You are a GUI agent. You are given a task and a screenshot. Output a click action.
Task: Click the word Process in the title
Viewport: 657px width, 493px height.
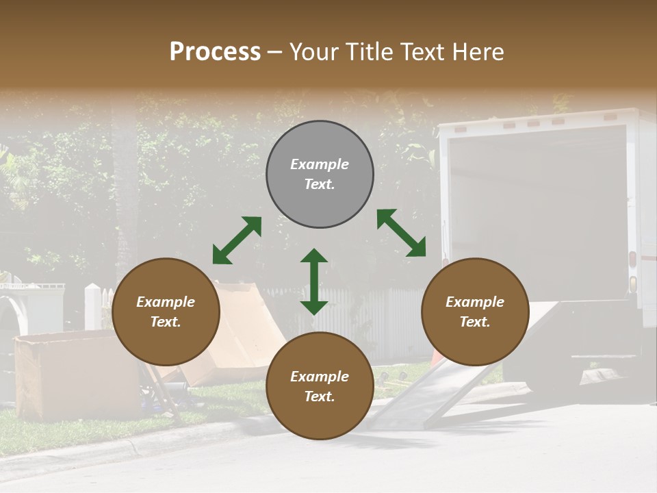pos(215,52)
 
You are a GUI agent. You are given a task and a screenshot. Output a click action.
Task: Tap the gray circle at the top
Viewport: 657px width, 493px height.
pos(320,174)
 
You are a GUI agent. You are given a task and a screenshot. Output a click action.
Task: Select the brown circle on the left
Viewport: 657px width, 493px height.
pos(166,312)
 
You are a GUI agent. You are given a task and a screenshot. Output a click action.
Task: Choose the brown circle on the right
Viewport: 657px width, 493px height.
pos(475,312)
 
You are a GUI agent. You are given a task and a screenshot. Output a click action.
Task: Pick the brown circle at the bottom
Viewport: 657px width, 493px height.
pos(320,386)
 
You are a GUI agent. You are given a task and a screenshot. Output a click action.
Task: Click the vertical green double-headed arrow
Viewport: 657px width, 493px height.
pos(314,281)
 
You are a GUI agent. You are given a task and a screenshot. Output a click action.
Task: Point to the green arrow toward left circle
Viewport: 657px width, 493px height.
pos(237,240)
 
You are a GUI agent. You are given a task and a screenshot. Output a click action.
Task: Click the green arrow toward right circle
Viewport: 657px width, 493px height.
pos(402,233)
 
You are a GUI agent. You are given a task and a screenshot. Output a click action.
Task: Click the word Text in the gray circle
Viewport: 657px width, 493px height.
pos(320,184)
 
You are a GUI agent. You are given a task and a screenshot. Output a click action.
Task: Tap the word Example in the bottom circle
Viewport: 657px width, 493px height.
pos(320,377)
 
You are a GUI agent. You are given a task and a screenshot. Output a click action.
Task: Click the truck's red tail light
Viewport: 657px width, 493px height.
pos(632,260)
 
